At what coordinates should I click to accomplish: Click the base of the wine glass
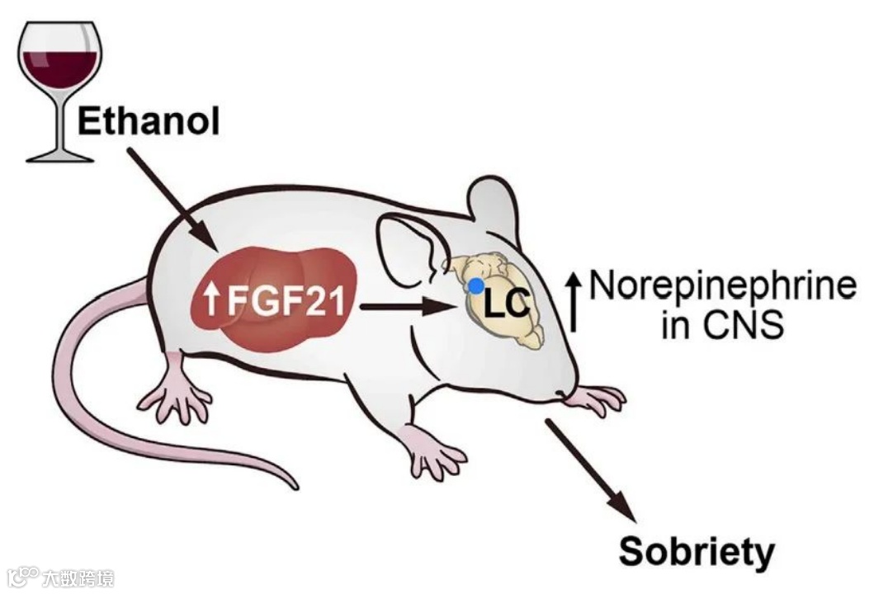coord(59,154)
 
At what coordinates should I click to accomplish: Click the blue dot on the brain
coord(476,285)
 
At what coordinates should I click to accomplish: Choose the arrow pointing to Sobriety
coord(591,469)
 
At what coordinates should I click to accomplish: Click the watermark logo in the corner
coord(58,577)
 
